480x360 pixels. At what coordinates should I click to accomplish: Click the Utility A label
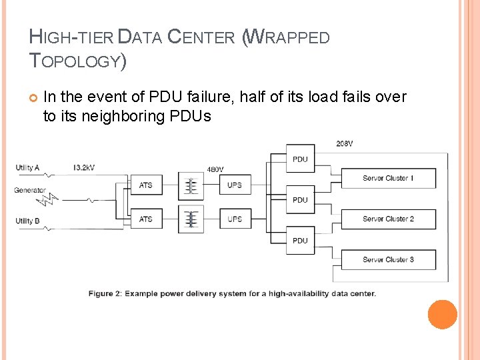point(28,167)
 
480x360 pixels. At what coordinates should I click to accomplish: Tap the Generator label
point(30,190)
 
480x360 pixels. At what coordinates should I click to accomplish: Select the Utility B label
point(28,221)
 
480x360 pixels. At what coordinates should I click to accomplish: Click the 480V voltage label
point(215,169)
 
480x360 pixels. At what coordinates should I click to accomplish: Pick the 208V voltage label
point(345,143)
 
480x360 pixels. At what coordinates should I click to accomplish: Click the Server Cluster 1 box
point(388,179)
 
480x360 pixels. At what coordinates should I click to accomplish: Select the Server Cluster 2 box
point(388,219)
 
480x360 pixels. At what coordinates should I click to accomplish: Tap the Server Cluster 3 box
point(388,259)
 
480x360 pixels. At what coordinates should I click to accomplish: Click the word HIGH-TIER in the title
point(71,37)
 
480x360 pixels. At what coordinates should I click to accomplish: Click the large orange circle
point(443,315)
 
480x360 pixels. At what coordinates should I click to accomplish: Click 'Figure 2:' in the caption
point(105,293)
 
